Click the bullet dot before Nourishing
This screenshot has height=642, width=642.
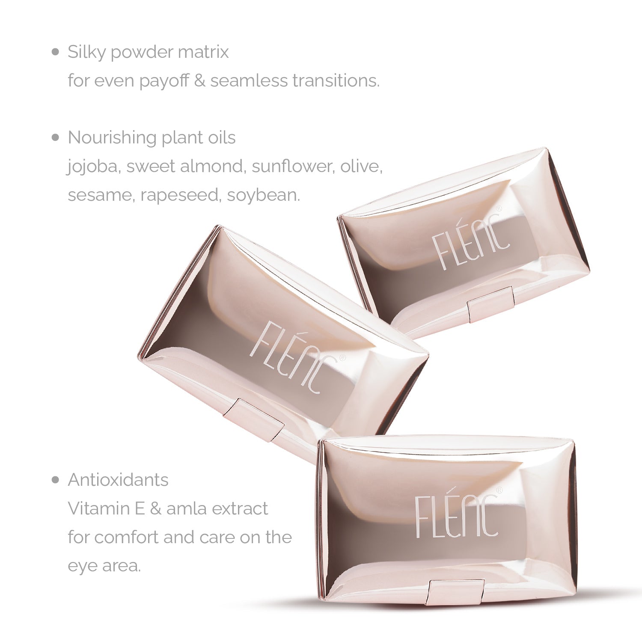pyautogui.click(x=55, y=138)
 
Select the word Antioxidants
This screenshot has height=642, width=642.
pyautogui.click(x=118, y=480)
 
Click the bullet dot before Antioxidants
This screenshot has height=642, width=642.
pyautogui.click(x=55, y=480)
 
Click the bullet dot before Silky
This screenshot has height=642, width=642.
pyautogui.click(x=55, y=52)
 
